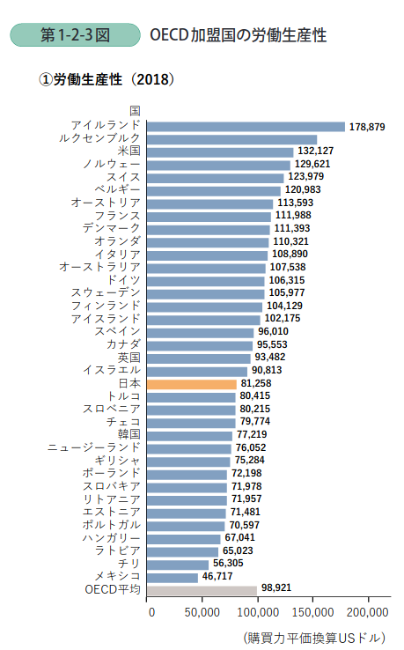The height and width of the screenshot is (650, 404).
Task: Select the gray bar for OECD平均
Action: (203, 589)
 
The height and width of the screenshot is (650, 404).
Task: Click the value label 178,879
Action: (367, 127)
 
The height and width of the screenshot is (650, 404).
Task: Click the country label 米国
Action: (129, 151)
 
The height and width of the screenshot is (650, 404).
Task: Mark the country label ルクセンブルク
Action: (99, 138)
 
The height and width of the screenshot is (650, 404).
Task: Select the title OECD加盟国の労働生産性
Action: (238, 36)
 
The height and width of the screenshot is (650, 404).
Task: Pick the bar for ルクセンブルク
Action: (231, 138)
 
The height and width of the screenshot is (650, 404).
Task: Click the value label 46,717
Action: (222, 576)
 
